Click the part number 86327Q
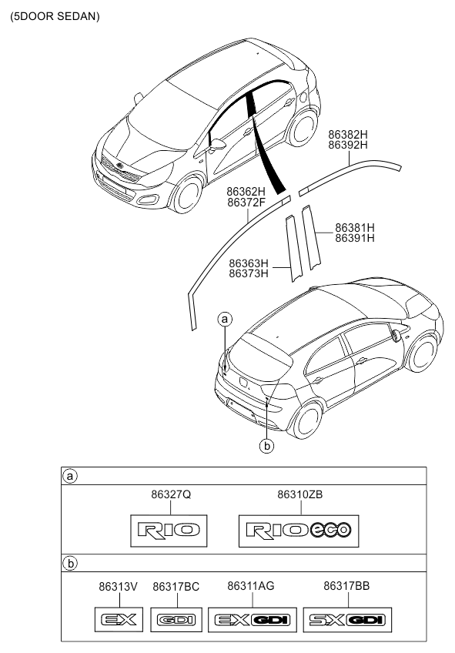[x=171, y=494]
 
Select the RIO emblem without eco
[x=169, y=530]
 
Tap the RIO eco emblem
[x=299, y=531]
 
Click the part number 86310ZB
[x=299, y=494]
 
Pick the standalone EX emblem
[x=119, y=620]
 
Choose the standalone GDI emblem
[x=176, y=620]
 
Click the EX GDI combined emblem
[x=253, y=620]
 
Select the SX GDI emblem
[x=347, y=620]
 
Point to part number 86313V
[x=118, y=586]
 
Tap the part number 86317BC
[x=176, y=586]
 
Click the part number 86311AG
[x=251, y=586]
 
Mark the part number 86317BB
[x=346, y=586]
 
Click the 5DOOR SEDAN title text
[x=55, y=16]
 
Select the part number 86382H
[x=348, y=135]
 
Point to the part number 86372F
[x=246, y=203]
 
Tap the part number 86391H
[x=355, y=238]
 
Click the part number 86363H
[x=249, y=263]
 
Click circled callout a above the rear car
[x=225, y=320]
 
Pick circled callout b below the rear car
[x=266, y=446]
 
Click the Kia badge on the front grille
[x=120, y=166]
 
